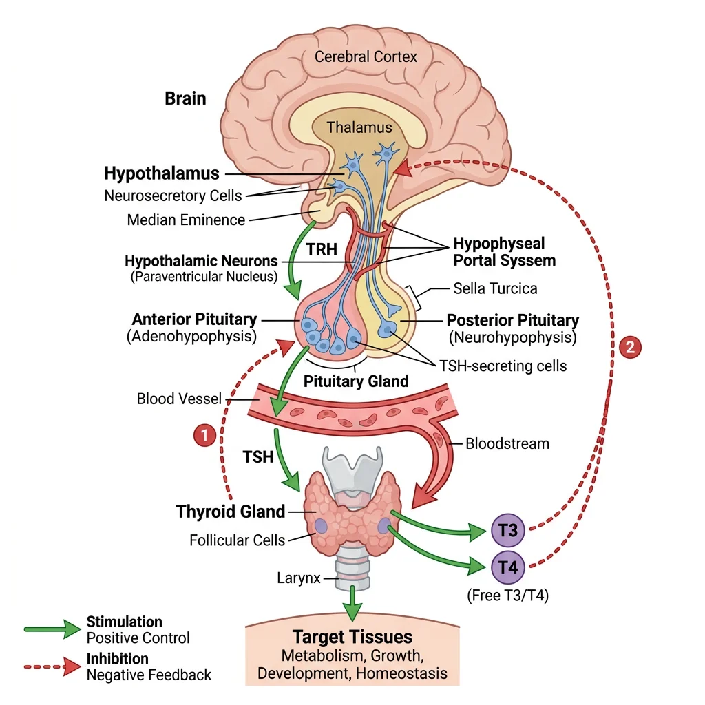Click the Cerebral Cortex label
point(366,56)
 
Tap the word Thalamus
point(359,127)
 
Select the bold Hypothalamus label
point(162,173)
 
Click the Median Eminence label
point(186,220)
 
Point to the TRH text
point(322,249)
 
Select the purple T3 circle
point(509,531)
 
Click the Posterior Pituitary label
point(513,320)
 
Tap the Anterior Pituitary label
point(194,319)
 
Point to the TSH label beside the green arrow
point(257,456)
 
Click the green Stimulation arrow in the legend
point(52,629)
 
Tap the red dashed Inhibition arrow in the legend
point(52,666)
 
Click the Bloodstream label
point(507,443)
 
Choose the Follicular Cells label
point(237,540)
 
